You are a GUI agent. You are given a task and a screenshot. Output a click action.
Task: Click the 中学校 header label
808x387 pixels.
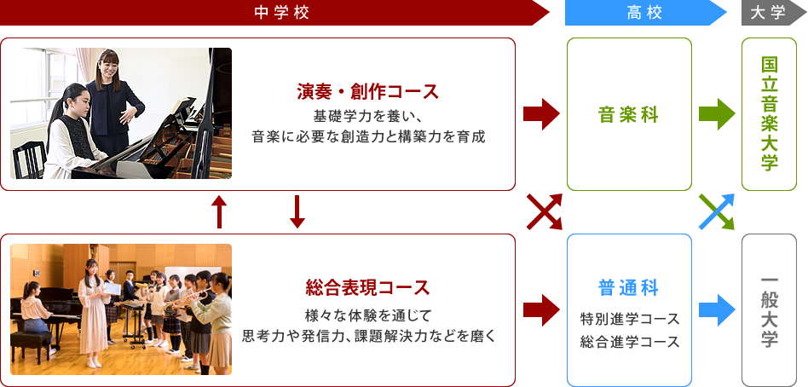coord(282,13)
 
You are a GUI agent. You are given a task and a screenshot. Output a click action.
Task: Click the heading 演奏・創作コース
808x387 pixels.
coord(367,92)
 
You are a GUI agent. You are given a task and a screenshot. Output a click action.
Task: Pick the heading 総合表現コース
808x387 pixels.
coord(367,287)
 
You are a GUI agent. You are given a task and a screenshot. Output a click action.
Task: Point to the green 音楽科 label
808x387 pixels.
coord(629,115)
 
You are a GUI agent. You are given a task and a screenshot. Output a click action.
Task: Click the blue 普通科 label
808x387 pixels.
coord(629,288)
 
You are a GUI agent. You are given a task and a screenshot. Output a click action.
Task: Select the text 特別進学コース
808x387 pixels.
coord(630,319)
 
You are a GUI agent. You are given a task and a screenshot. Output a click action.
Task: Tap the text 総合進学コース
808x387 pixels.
coord(630,341)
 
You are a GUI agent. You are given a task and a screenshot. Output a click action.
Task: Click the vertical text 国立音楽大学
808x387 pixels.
coord(770,114)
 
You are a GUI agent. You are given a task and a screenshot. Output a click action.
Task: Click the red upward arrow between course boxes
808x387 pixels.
coord(220,211)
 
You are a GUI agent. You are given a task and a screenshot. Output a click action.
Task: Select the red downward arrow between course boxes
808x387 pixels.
coord(297,211)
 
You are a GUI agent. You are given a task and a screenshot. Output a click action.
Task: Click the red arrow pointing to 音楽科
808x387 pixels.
coord(541,114)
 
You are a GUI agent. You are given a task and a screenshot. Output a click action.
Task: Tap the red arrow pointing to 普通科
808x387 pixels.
coord(541,310)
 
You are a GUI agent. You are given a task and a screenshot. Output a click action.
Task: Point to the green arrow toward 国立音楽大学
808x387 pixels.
coord(717,114)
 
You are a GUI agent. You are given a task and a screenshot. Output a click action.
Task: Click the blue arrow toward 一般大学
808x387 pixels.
coord(717,310)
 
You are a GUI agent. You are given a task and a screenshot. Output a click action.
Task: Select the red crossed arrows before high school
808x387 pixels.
coord(544,211)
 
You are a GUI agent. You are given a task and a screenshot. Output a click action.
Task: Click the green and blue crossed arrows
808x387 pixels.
coord(717,211)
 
